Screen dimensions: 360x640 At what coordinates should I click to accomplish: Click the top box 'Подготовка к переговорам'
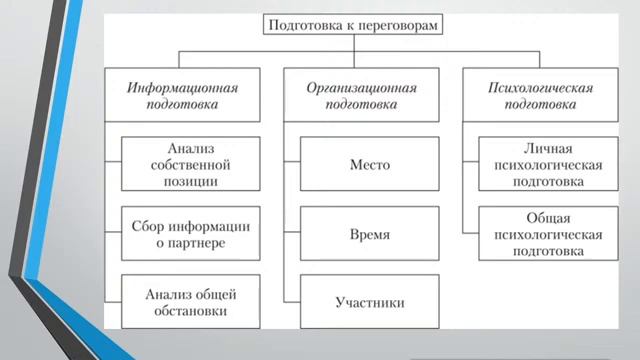[352, 25]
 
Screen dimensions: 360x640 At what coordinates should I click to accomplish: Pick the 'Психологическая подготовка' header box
[541, 95]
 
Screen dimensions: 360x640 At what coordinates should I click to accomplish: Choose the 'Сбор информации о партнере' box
[190, 233]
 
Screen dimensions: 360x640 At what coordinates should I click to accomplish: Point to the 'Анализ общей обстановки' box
[190, 301]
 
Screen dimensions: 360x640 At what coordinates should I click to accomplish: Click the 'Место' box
[370, 164]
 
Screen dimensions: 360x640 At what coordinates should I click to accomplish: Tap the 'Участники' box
[370, 301]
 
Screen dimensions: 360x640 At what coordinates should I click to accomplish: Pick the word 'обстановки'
[190, 311]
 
